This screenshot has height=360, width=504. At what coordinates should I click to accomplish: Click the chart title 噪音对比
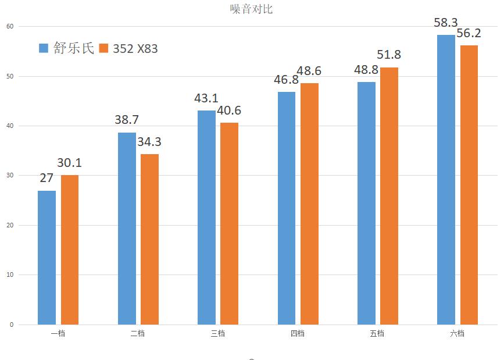point(251,9)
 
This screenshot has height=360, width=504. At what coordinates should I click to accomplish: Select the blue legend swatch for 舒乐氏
point(44,48)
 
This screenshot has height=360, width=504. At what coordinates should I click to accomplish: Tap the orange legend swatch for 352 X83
point(104,48)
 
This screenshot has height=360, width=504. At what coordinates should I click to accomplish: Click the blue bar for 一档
point(47,257)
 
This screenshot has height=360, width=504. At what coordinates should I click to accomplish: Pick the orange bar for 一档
point(70,249)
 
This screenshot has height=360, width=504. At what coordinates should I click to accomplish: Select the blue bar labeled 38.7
point(127,228)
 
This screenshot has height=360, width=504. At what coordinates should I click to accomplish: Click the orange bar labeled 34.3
point(149,239)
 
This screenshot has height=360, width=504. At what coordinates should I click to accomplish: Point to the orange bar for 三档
point(230,223)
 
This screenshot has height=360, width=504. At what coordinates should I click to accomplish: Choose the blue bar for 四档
point(287,208)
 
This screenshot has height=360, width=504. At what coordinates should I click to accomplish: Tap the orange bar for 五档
point(389,195)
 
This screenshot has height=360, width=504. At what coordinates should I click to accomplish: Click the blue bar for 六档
point(446,179)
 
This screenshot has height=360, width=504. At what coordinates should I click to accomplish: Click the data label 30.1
point(70,163)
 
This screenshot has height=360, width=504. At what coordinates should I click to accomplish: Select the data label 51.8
point(389,55)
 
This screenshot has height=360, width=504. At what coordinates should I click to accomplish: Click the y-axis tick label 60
point(10,26)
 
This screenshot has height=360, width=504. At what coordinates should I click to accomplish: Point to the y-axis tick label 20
point(10,225)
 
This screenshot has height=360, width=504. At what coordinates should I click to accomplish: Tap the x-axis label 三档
point(218,333)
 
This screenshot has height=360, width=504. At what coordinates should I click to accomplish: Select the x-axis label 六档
point(457,333)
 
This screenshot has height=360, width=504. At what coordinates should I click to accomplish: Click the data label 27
point(47,179)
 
